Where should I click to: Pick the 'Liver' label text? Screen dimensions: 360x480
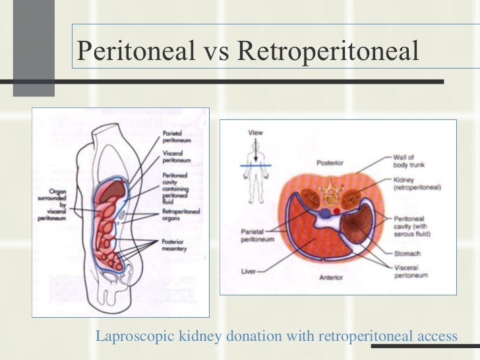(x=250, y=270)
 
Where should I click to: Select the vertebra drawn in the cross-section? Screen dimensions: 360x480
(x=330, y=193)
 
